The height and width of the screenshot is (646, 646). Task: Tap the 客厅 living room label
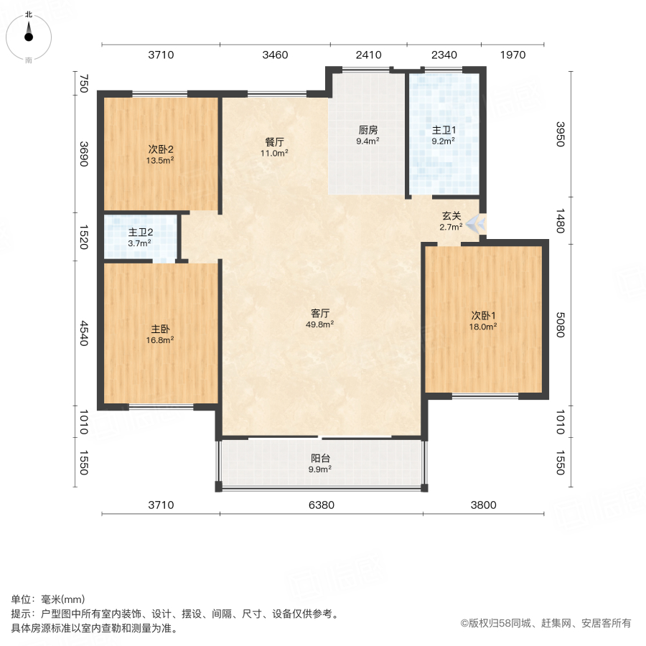pos(320,313)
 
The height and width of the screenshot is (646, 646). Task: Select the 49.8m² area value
pos(320,324)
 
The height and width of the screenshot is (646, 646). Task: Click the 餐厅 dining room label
pos(275,141)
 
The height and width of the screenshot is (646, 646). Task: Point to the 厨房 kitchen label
pos(368,130)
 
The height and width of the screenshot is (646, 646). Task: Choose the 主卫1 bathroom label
pos(443,130)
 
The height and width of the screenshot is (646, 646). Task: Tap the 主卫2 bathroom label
pos(140,233)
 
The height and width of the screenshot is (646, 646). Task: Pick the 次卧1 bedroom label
pos(484,314)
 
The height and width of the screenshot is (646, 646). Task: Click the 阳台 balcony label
pos(320,458)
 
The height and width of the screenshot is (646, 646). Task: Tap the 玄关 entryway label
pos(451,215)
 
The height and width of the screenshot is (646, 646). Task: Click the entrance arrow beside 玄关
pos(474,223)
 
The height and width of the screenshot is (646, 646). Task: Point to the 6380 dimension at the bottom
pos(321,505)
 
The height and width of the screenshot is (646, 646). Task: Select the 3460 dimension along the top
pos(275,55)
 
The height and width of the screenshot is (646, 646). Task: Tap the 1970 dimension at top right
pos(512,55)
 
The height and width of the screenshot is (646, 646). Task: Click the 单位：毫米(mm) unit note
pos(47,599)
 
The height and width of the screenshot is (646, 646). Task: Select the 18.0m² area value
pos(484,326)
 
